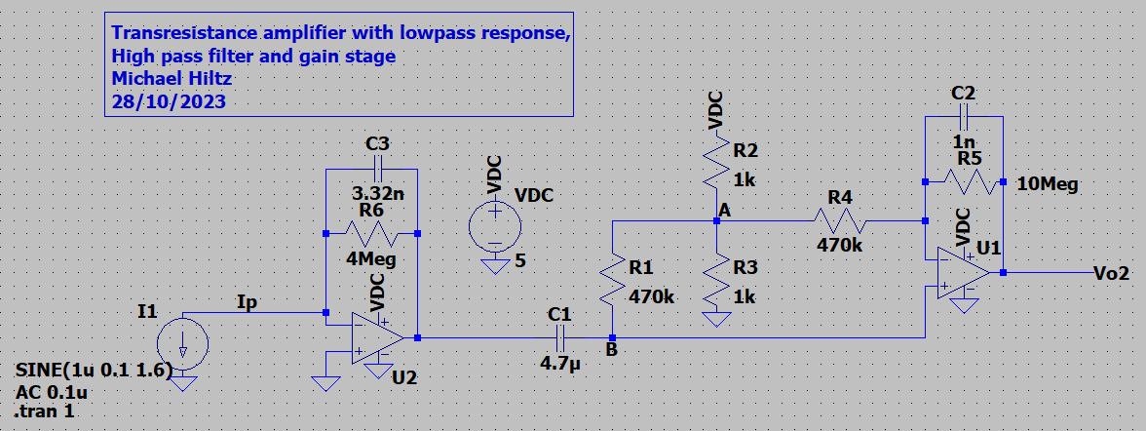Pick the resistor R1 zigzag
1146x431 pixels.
[611, 281]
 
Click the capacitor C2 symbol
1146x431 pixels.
[963, 118]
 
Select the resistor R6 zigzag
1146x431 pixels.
[369, 233]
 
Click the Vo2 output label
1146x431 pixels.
[1112, 273]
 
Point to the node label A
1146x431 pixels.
[724, 211]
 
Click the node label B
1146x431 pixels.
[611, 350]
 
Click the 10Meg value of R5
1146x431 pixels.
[1047, 184]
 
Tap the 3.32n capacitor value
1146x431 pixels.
[377, 192]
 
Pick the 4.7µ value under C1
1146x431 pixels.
[559, 364]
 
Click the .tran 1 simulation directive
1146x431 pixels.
[46, 411]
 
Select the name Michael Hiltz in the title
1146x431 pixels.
[169, 78]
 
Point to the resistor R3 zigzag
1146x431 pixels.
[716, 281]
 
